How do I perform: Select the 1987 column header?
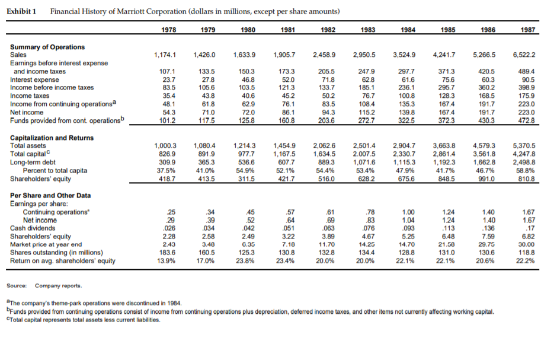click(x=529, y=30)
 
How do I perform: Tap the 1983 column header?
click(x=368, y=30)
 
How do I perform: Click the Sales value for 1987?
click(x=525, y=55)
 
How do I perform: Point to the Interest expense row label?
click(x=34, y=79)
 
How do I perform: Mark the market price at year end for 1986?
click(x=485, y=244)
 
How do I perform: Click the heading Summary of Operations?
click(x=47, y=47)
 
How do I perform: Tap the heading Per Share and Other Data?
click(x=50, y=195)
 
